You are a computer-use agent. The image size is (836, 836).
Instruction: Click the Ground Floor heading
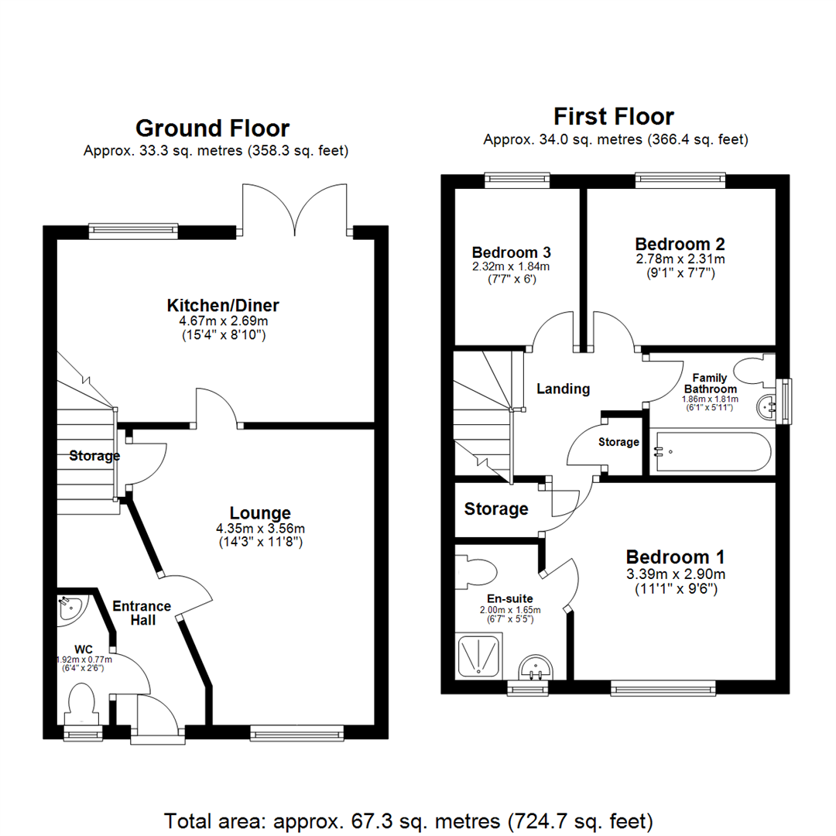(213, 128)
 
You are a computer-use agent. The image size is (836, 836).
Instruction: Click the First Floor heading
(614, 117)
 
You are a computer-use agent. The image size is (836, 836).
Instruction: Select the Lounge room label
(260, 512)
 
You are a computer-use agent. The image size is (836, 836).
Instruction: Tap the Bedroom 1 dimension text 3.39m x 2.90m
(676, 574)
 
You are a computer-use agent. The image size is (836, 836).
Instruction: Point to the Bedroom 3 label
(512, 252)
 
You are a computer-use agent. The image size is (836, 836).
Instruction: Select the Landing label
(563, 389)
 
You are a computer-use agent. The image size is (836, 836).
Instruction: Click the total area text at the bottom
(409, 820)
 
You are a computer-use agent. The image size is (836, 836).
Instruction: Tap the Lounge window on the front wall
(297, 731)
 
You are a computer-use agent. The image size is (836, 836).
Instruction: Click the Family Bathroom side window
(785, 401)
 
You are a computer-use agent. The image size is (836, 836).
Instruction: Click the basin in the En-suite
(535, 666)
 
